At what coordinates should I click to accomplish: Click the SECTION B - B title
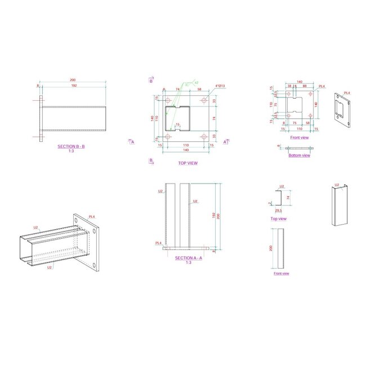(x=71, y=146)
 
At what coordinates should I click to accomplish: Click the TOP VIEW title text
(x=188, y=163)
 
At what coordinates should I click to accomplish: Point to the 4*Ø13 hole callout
(x=220, y=86)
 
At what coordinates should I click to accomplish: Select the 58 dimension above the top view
(x=200, y=90)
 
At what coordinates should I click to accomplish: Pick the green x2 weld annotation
(x=196, y=83)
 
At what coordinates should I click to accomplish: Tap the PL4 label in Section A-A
(x=159, y=243)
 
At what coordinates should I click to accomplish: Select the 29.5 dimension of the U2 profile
(x=278, y=211)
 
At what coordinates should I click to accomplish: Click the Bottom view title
(x=299, y=156)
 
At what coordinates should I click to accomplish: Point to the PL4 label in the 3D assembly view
(x=91, y=217)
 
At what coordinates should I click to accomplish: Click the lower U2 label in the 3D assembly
(x=50, y=267)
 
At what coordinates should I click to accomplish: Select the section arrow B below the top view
(x=151, y=160)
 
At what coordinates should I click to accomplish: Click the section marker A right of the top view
(x=225, y=142)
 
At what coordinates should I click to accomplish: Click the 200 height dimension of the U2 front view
(x=271, y=248)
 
